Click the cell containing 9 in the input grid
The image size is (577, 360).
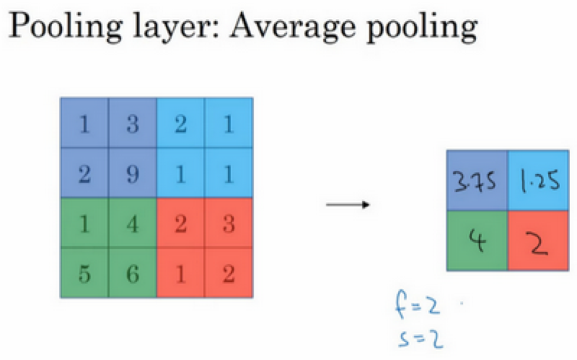click(x=132, y=174)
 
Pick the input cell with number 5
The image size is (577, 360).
click(x=84, y=273)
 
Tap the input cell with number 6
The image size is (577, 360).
click(x=132, y=273)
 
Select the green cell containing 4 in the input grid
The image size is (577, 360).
click(x=132, y=223)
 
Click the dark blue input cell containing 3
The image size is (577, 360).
click(x=132, y=125)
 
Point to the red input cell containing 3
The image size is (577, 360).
click(x=229, y=223)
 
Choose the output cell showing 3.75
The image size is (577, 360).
click(x=477, y=181)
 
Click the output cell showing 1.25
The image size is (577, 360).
click(x=538, y=181)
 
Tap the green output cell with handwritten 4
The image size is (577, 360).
click(x=477, y=241)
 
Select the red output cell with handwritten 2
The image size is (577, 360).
click(x=538, y=241)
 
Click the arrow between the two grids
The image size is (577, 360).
click(x=347, y=205)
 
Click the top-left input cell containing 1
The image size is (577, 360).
click(x=84, y=125)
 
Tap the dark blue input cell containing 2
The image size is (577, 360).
click(x=84, y=174)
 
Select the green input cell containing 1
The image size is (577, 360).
click(x=84, y=223)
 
